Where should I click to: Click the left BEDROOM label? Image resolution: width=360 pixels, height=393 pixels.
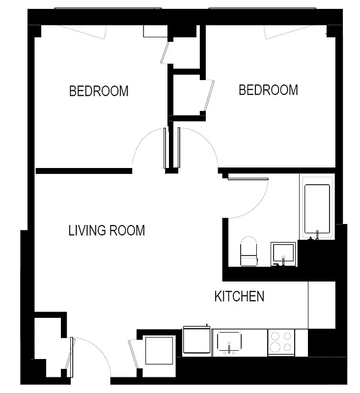point(99,91)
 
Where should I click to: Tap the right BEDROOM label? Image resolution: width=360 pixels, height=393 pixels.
point(268,90)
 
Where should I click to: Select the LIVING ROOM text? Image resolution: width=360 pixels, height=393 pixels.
point(107,230)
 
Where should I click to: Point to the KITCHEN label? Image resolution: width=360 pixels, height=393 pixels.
point(240,296)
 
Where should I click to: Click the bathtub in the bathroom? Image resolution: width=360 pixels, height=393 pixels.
point(317,209)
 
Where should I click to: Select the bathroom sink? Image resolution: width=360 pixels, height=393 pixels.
point(284,253)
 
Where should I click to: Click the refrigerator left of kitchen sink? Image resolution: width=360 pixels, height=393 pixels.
point(196,340)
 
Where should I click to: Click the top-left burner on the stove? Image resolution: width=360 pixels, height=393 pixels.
point(275,337)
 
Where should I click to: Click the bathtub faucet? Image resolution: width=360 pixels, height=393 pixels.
point(317,236)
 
